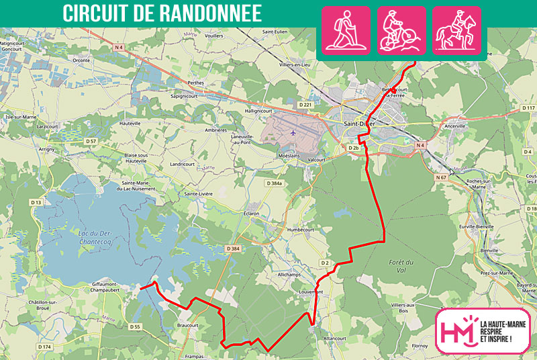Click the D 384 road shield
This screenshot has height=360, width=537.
click(233, 249)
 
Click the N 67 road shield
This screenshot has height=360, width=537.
click(440, 177)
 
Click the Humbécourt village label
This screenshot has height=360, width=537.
click(300, 228)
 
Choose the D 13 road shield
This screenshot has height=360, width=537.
click(36, 202)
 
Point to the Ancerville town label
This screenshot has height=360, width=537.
click(454, 126)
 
